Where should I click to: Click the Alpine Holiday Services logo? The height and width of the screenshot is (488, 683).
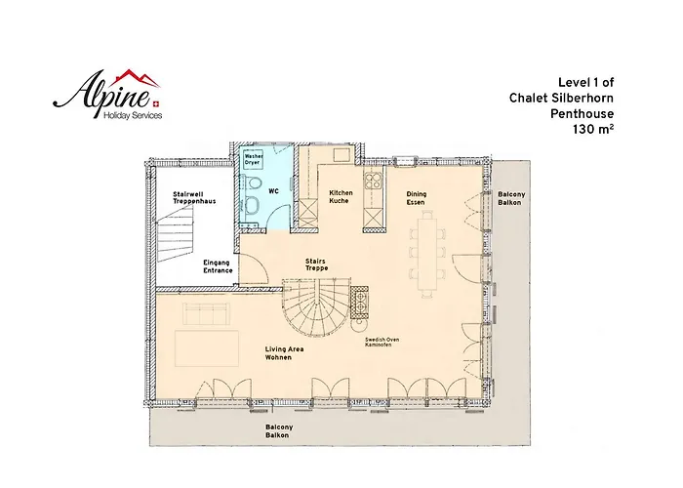pyautogui.click(x=107, y=95)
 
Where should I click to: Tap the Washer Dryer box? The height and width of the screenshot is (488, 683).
pyautogui.click(x=253, y=159)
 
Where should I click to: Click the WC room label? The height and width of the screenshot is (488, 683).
pyautogui.click(x=273, y=191)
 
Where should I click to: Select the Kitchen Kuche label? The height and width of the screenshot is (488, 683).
pyautogui.click(x=341, y=196)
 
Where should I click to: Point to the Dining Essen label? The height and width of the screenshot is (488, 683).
pyautogui.click(x=417, y=198)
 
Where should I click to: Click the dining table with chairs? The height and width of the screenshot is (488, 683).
pyautogui.click(x=427, y=254)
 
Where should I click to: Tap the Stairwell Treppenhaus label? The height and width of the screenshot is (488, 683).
pyautogui.click(x=194, y=198)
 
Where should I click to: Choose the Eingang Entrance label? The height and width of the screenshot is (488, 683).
pyautogui.click(x=218, y=266)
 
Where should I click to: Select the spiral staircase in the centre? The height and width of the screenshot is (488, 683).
pyautogui.click(x=317, y=306)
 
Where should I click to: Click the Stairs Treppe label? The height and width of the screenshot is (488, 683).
pyautogui.click(x=316, y=264)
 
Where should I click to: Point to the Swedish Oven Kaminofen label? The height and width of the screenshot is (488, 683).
pyautogui.click(x=382, y=342)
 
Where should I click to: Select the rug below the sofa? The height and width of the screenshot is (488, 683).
pyautogui.click(x=207, y=348)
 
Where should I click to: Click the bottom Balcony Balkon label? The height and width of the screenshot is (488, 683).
pyautogui.click(x=279, y=431)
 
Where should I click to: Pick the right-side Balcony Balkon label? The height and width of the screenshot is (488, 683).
pyautogui.click(x=511, y=198)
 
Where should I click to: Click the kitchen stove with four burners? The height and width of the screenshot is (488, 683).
pyautogui.click(x=374, y=181)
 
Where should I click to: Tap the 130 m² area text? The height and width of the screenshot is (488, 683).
pyautogui.click(x=593, y=130)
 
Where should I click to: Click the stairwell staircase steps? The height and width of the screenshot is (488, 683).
pyautogui.click(x=176, y=234)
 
